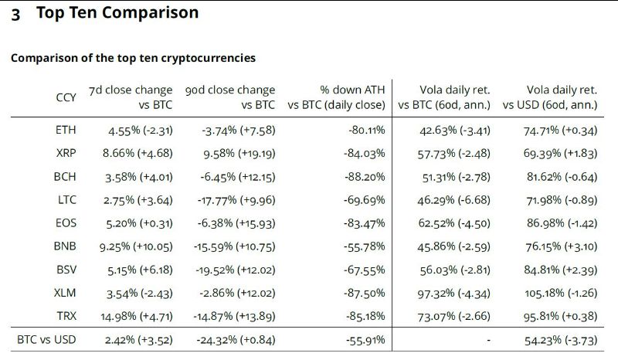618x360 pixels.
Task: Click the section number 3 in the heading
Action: coord(15,14)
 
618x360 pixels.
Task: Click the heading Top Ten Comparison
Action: coord(117,13)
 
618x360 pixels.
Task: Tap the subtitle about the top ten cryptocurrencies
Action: coord(133,58)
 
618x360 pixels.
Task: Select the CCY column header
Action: coord(66,97)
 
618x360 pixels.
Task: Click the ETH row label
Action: coord(66,130)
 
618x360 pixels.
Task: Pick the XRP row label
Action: coord(66,154)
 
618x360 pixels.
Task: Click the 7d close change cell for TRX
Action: coord(130,317)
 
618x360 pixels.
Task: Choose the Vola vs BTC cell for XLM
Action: coord(455,294)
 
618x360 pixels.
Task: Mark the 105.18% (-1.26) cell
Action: coord(559,294)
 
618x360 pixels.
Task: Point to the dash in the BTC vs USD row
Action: coord(488,340)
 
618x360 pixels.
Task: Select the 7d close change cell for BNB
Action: coord(130,246)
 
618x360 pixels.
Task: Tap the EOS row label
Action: coord(66,223)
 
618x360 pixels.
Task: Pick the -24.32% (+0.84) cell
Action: coord(234,340)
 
